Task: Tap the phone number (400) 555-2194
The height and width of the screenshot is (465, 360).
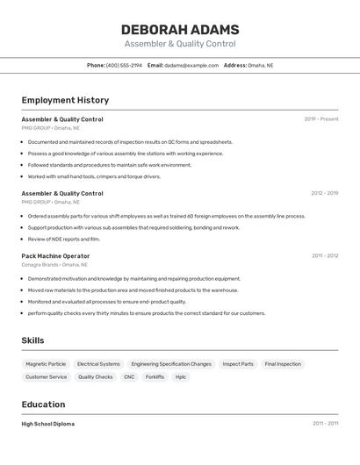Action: (124, 65)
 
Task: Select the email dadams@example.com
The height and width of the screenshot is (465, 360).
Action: (191, 65)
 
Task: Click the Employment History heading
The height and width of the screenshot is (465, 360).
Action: (65, 100)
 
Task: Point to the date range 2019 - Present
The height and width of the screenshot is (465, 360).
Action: (320, 119)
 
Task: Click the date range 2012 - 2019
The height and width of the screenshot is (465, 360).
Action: (324, 193)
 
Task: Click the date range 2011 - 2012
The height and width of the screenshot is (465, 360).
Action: (324, 256)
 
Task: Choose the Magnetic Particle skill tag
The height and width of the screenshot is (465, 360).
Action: (46, 364)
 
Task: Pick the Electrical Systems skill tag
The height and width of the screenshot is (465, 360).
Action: (98, 364)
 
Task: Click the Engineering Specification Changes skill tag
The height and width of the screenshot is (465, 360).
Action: (171, 364)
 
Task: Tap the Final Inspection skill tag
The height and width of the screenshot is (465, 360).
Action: (283, 364)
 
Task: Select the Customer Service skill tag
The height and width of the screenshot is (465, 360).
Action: (46, 377)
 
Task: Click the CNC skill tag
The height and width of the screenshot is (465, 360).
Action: (129, 377)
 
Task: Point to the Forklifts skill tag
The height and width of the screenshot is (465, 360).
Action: (155, 377)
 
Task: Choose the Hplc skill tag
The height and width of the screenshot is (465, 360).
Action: (181, 377)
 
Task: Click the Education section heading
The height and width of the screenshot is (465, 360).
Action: (43, 404)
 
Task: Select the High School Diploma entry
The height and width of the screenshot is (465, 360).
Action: (48, 424)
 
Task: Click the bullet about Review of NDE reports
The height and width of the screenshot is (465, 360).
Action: (63, 239)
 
